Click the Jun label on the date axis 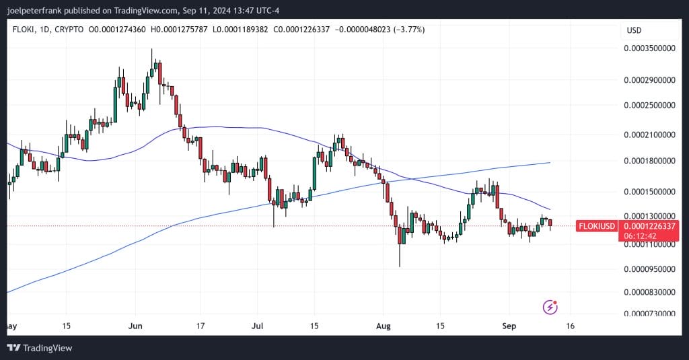tap(135, 326)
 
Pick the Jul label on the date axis tap(257, 326)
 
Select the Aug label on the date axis tap(383, 326)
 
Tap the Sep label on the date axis tap(509, 326)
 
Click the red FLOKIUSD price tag tap(597, 226)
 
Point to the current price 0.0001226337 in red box tap(649, 226)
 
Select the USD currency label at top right tap(634, 30)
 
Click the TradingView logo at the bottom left tap(40, 348)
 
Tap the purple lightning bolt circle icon tap(550, 308)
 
